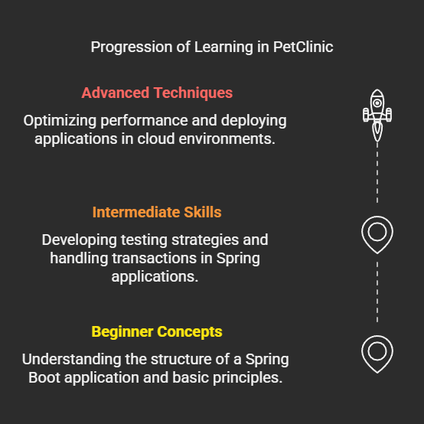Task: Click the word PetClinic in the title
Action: [x=303, y=47]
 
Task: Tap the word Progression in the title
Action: [x=132, y=47]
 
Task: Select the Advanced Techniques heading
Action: [x=157, y=93]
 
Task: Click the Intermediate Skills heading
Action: [x=157, y=212]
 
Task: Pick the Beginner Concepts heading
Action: [x=157, y=332]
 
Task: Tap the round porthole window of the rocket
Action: [x=377, y=103]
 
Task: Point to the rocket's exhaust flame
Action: [x=377, y=132]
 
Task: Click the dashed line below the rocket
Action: [x=377, y=173]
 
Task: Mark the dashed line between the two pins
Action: [x=377, y=292]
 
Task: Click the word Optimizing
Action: [x=60, y=121]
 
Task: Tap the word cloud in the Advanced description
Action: [x=156, y=139]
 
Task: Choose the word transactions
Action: [x=154, y=258]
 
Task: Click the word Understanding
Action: [x=71, y=360]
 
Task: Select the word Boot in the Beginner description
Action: [x=44, y=377]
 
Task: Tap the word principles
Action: [x=247, y=378]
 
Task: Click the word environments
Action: [x=227, y=139]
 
